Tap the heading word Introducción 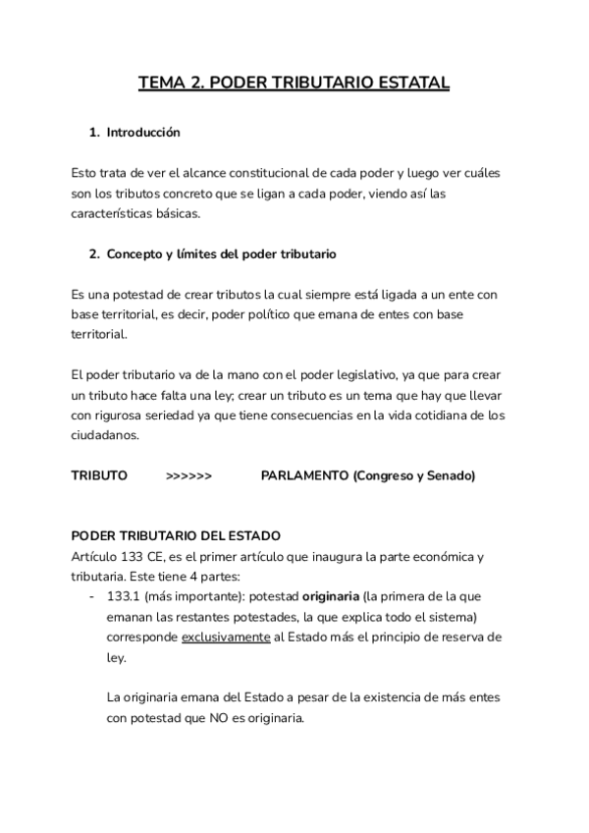click(x=143, y=132)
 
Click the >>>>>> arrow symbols click(x=188, y=475)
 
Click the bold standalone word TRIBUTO click(x=99, y=475)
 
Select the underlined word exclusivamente click(x=226, y=637)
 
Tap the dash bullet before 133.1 click(x=91, y=596)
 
